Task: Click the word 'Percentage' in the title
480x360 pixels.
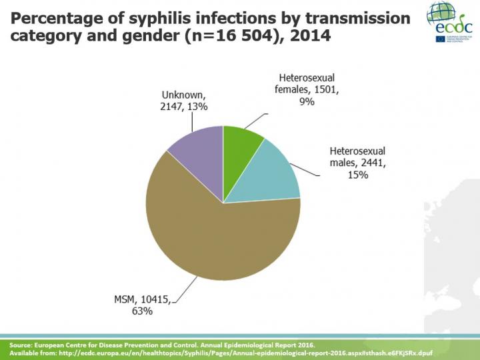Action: (x=57, y=18)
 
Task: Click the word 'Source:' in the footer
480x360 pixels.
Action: (x=21, y=343)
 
